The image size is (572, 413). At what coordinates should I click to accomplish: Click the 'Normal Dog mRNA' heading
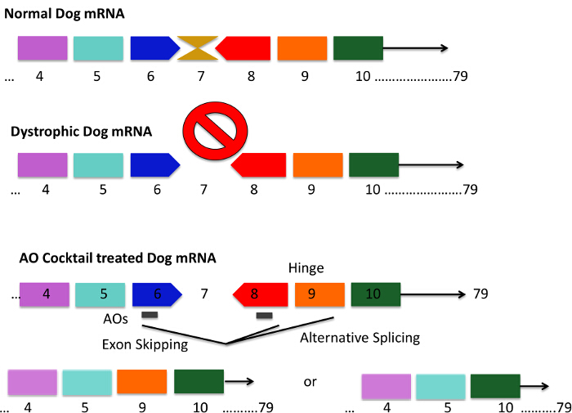(62, 15)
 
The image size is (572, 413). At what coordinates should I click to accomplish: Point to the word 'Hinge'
(306, 267)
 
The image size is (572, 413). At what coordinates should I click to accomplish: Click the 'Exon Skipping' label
(145, 344)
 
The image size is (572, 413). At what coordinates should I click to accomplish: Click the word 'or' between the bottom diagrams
(310, 383)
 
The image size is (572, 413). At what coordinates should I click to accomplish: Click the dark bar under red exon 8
(264, 316)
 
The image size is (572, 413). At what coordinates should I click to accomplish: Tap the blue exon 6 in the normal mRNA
(154, 48)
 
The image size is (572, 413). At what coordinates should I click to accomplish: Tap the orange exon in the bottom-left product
(141, 382)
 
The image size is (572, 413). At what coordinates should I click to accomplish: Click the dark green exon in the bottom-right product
(495, 386)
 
